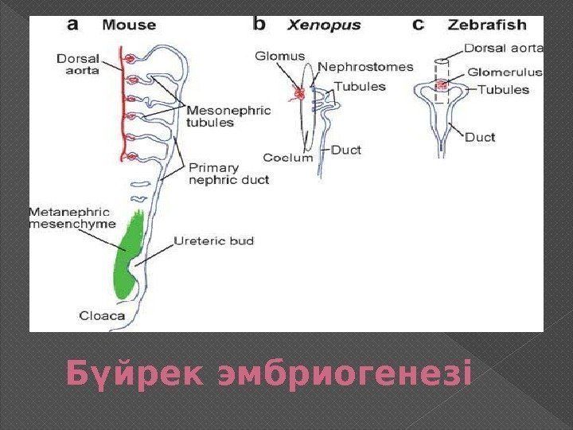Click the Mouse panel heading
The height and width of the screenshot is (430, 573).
click(129, 25)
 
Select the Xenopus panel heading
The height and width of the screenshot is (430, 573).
click(323, 25)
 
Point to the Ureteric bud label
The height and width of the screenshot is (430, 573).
click(214, 240)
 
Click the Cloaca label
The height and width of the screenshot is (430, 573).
click(102, 315)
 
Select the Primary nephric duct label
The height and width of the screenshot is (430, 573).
click(228, 174)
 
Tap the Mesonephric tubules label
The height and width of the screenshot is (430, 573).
click(228, 116)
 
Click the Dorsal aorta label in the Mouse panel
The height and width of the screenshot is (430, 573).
click(78, 64)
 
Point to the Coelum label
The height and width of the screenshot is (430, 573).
click(287, 158)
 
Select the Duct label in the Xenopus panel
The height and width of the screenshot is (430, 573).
click(346, 149)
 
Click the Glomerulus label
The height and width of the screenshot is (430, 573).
click(505, 72)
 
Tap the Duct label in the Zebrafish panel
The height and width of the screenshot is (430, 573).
click(480, 137)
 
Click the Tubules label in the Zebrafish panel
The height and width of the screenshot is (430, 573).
click(502, 90)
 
